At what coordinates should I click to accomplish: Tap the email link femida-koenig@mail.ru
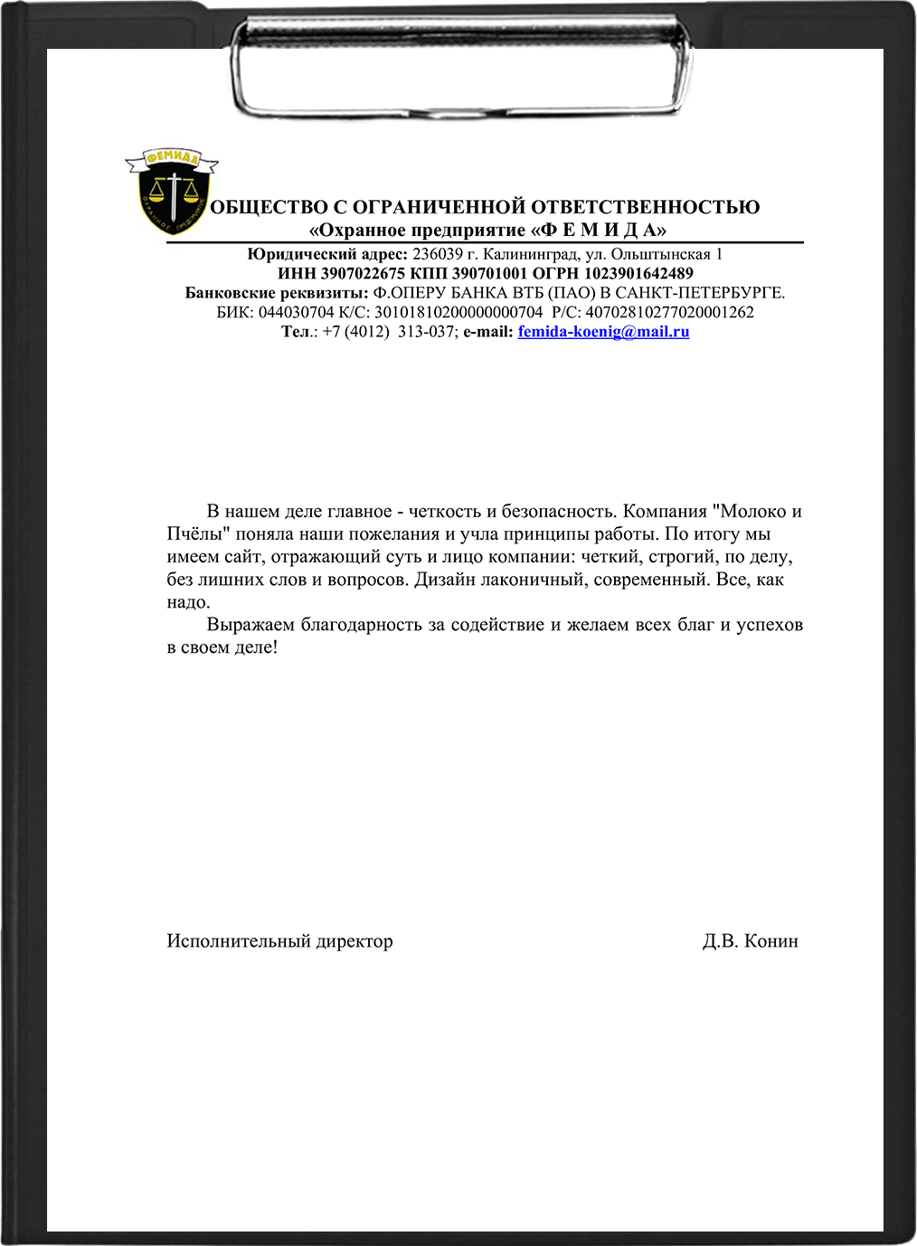(x=603, y=332)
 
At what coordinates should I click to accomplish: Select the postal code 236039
(x=438, y=255)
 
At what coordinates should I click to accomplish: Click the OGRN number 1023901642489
(x=638, y=274)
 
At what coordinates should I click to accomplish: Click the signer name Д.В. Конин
(x=750, y=941)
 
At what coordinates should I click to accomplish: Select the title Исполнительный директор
(x=279, y=941)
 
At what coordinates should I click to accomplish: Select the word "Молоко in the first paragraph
(x=748, y=512)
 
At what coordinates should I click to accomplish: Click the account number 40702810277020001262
(x=669, y=313)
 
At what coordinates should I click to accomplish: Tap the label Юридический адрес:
(x=327, y=255)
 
